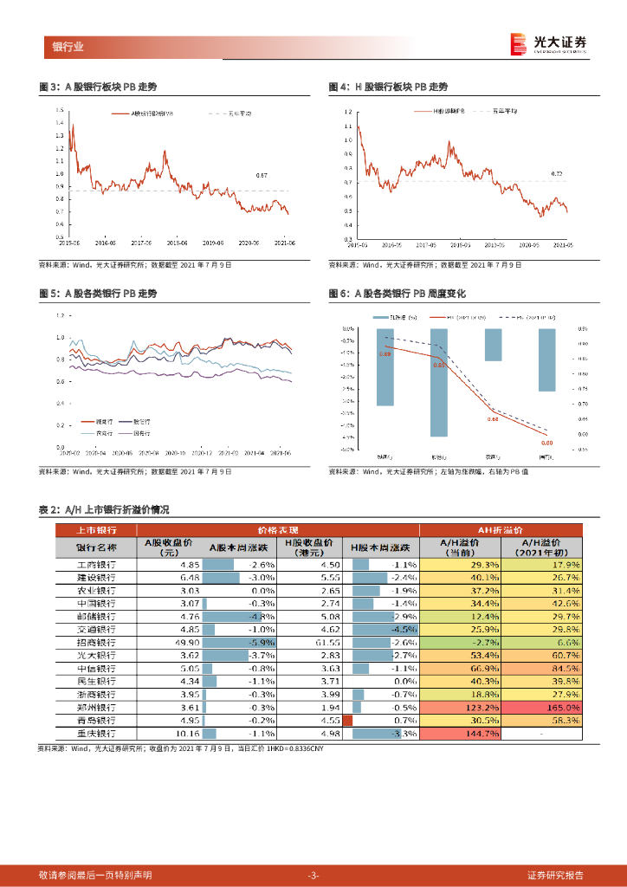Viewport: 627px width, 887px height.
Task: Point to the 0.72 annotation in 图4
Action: [557, 175]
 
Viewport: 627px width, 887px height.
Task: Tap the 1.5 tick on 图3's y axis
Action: [59, 110]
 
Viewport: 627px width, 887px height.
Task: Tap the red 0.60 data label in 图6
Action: [546, 443]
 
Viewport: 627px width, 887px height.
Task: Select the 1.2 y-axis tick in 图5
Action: [61, 315]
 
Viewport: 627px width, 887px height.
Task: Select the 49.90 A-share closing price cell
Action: [164, 643]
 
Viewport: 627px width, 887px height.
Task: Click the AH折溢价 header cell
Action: [501, 530]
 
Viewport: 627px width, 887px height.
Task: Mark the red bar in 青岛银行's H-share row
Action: [348, 721]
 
